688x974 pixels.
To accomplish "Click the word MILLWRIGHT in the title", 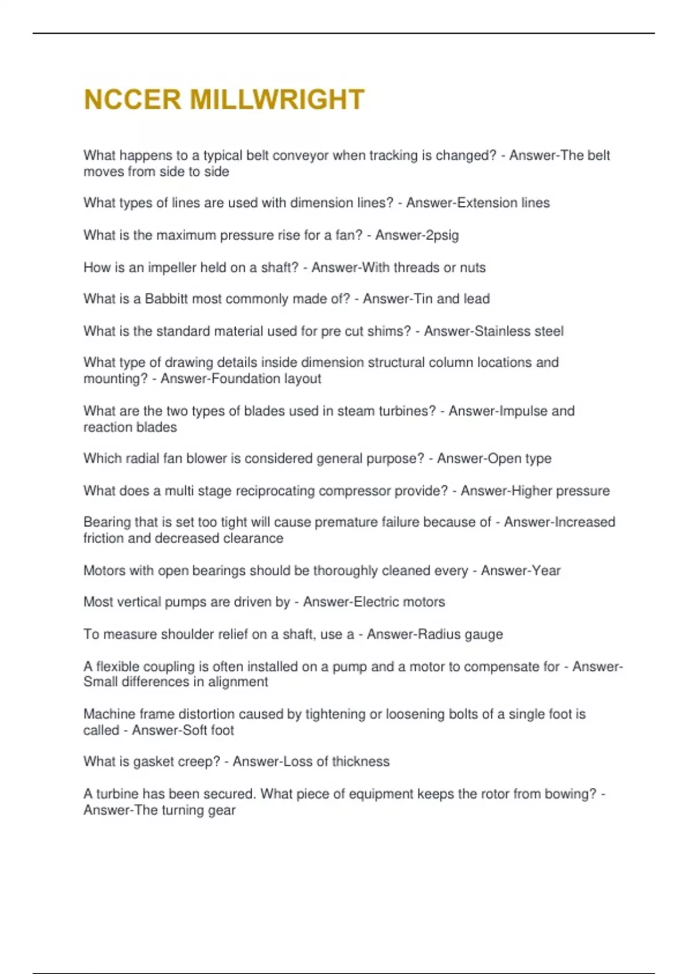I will [277, 100].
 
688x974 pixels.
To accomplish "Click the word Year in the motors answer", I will [547, 571].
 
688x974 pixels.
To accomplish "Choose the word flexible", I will [117, 666].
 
